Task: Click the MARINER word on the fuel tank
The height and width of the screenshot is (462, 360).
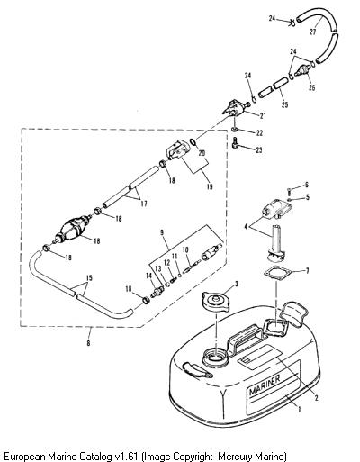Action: click(x=265, y=385)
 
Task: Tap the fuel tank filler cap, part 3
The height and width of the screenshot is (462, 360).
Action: click(x=215, y=302)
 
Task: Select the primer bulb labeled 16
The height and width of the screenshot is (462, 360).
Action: click(x=74, y=228)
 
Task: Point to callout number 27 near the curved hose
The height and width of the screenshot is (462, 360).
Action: click(x=312, y=32)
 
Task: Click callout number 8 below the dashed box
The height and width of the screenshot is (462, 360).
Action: click(x=88, y=343)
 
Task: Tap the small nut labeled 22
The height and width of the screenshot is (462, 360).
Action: click(x=236, y=130)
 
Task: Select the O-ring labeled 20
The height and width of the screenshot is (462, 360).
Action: click(x=193, y=142)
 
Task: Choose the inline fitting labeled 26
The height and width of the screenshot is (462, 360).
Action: click(x=301, y=71)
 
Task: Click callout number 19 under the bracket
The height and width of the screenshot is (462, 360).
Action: click(x=210, y=186)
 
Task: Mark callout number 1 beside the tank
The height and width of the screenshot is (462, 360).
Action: click(x=299, y=409)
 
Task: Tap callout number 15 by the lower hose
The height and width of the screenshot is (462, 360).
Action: click(x=89, y=277)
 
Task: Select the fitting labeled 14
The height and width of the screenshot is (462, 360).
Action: click(x=157, y=291)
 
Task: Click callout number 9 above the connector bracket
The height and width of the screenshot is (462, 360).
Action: click(x=162, y=232)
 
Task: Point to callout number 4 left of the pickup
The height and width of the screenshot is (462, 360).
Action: click(x=246, y=227)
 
